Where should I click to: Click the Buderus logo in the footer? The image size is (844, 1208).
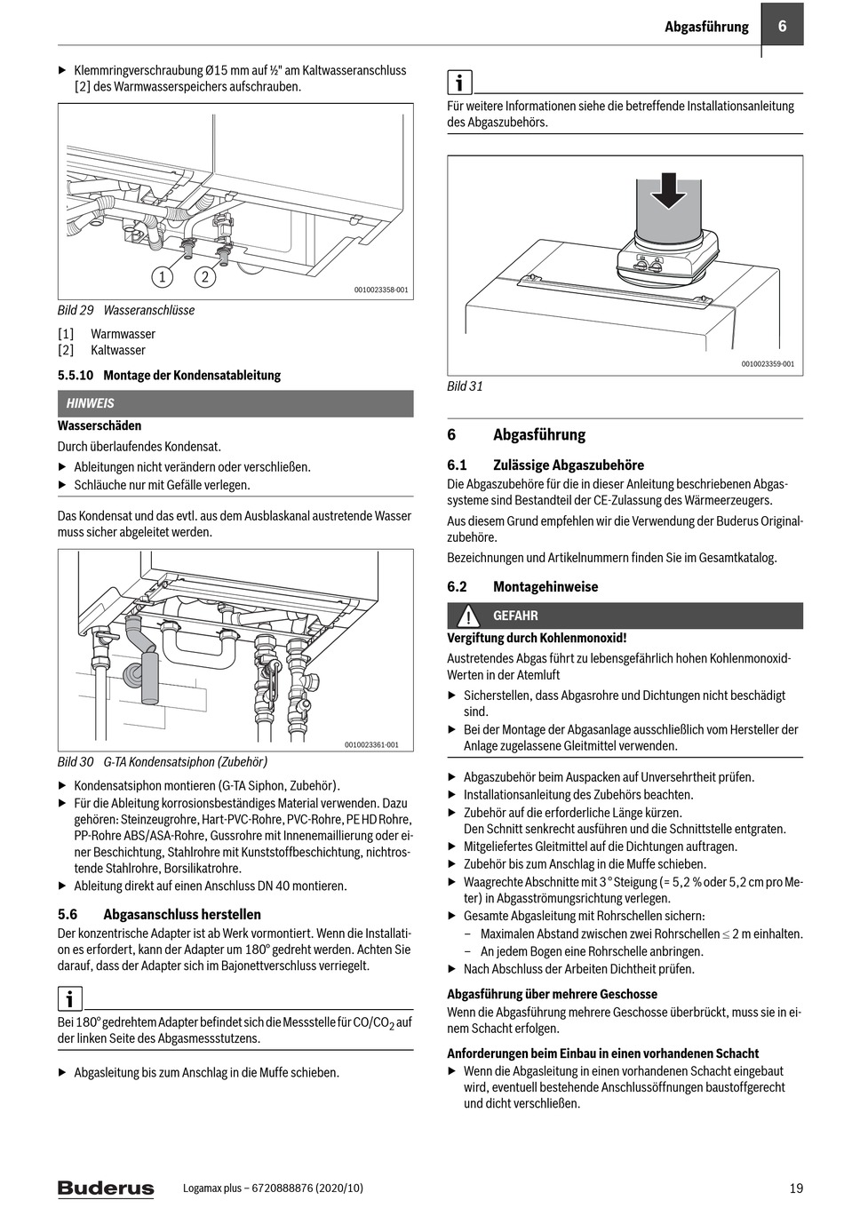coord(105,1188)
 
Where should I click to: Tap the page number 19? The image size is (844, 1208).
coord(795,1188)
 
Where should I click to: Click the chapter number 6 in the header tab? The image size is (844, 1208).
coord(782,26)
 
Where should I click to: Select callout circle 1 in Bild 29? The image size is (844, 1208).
coord(162,277)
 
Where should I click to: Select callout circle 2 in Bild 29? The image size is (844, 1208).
coord(204,277)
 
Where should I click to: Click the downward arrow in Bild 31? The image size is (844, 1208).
coord(668,187)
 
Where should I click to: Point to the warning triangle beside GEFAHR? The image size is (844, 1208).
coord(467,616)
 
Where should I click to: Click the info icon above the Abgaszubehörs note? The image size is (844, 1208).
coord(458,83)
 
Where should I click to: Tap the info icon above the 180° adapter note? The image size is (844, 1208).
coord(69,998)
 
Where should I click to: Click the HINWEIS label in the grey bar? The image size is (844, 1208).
coord(90,403)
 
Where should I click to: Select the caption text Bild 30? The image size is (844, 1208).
coord(76,762)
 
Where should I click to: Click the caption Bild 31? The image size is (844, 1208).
coord(465,386)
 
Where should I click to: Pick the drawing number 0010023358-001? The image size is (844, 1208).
coord(381,290)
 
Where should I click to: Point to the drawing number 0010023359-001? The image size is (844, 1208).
coord(768,364)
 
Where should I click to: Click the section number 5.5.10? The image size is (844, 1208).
coord(76,375)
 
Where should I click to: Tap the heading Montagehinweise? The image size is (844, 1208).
coord(545,586)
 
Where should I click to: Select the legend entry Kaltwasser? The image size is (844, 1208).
coord(117,350)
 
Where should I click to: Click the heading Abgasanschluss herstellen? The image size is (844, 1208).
coord(182,914)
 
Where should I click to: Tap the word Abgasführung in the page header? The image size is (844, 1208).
coord(706,27)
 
